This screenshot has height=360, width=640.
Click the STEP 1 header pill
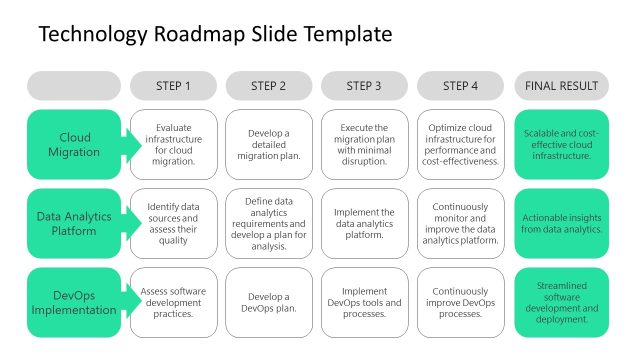tap(173, 85)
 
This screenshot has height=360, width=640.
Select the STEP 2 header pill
tap(269, 85)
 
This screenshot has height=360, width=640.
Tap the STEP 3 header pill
tap(364, 85)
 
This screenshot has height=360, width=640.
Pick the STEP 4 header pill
tap(460, 85)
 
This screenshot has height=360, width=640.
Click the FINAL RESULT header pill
tap(561, 85)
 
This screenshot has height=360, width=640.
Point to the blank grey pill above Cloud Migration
tap(74, 85)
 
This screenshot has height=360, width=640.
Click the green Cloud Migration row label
tap(74, 145)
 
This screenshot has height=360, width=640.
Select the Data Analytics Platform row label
tap(74, 223)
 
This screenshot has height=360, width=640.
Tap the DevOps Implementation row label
tap(74, 302)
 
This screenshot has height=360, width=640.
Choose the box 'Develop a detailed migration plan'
tap(269, 145)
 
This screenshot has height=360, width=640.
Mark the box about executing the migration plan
tap(364, 145)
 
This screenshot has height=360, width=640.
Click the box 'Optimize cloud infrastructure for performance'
tap(460, 145)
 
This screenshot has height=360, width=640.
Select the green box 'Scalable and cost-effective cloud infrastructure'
tap(561, 145)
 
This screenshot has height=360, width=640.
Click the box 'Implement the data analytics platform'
tap(364, 223)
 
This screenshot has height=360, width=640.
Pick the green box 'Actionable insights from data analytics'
tap(561, 223)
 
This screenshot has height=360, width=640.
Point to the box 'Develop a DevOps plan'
tap(269, 302)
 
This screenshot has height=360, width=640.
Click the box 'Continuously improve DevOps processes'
tap(460, 302)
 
